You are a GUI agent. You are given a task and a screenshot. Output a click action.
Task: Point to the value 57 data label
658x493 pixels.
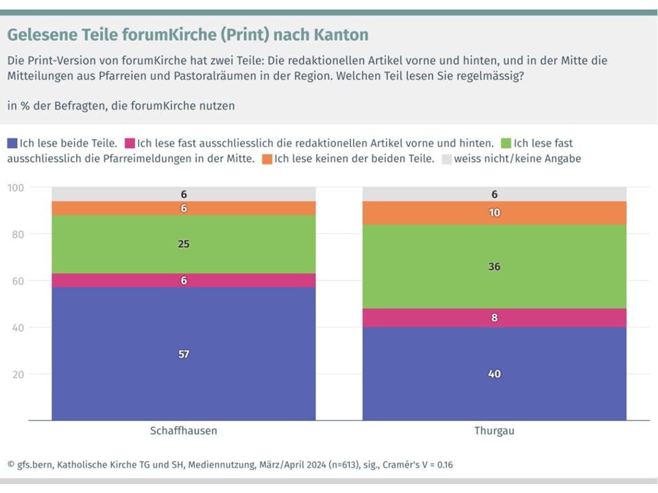(x=184, y=354)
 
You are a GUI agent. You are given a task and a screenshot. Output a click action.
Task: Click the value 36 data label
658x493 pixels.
(x=494, y=266)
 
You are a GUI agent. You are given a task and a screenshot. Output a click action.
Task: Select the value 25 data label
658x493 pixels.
(x=184, y=244)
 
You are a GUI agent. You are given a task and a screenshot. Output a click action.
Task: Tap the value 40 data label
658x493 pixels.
(x=494, y=374)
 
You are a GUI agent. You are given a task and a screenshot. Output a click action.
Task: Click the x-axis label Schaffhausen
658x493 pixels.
(x=184, y=431)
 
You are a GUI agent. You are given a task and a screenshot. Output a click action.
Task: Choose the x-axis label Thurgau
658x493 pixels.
(x=494, y=431)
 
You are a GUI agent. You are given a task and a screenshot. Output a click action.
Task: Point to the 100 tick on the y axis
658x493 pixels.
(x=16, y=188)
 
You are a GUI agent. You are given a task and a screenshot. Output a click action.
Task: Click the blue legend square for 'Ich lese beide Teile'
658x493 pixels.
(x=12, y=143)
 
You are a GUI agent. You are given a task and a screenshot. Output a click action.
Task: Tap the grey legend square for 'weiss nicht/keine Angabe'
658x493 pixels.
(x=447, y=159)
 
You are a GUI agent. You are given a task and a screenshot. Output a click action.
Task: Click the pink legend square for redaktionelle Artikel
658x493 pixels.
(x=129, y=143)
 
